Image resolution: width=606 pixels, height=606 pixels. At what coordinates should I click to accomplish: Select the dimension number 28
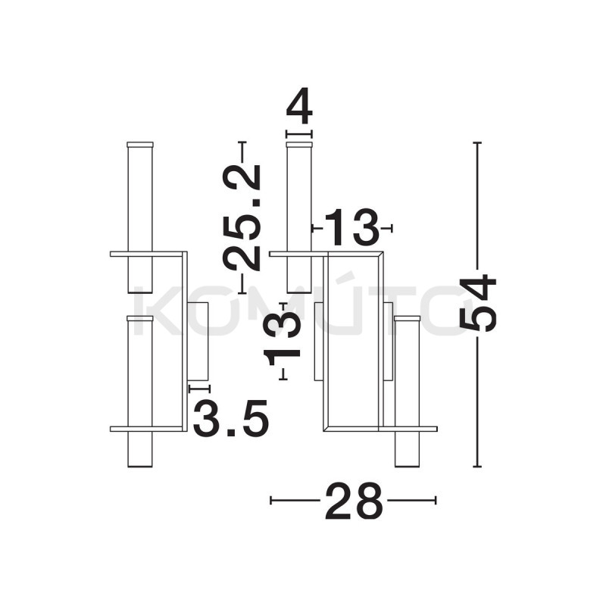(x=354, y=500)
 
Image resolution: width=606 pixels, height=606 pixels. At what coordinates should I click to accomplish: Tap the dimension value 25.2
(x=242, y=217)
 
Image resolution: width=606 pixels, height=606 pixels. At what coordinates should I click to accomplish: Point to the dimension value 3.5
(x=231, y=418)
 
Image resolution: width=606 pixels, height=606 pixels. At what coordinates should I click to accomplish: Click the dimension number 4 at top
(x=299, y=105)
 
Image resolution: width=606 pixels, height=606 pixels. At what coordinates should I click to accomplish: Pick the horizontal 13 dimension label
(x=351, y=227)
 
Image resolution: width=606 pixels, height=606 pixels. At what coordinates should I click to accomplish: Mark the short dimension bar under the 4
(x=298, y=134)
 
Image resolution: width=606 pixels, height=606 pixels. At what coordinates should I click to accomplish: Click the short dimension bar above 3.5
(x=199, y=389)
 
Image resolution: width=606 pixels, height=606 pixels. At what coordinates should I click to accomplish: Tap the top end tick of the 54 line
(x=477, y=142)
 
